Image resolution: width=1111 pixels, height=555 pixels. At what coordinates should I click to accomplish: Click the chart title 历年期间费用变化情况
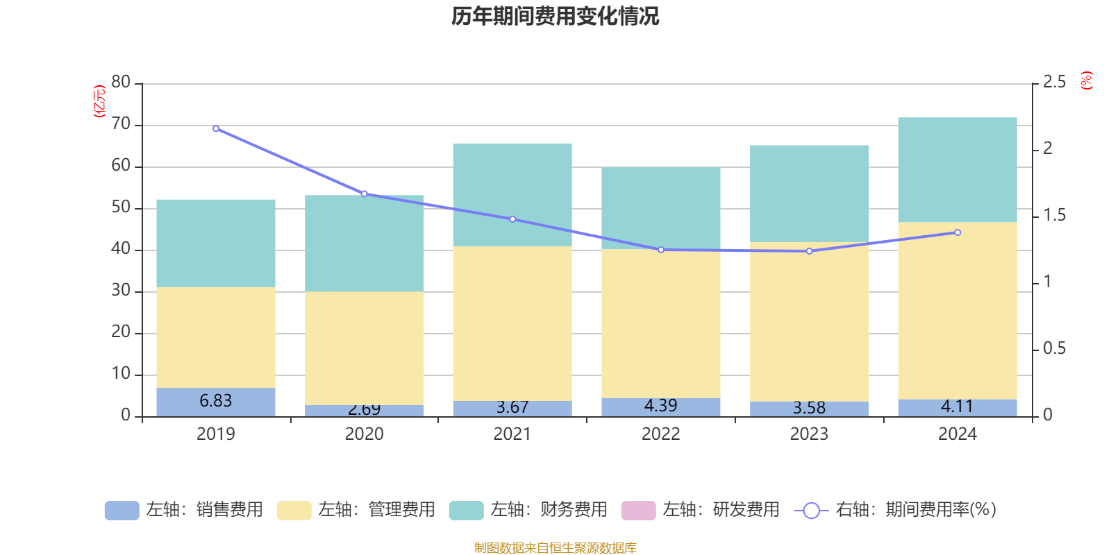pos(555,16)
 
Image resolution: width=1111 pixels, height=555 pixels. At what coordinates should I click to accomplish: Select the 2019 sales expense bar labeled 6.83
pos(215,402)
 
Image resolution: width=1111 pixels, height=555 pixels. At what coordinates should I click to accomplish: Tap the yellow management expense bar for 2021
pos(512,323)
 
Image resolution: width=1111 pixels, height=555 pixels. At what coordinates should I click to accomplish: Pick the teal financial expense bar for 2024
pos(958,170)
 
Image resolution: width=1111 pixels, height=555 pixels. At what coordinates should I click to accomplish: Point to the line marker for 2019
pos(216,128)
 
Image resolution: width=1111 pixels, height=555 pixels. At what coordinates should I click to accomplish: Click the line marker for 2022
pos(661,250)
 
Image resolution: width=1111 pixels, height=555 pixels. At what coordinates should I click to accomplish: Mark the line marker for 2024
pos(958,232)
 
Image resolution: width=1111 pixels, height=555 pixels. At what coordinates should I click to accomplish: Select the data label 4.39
pos(660,406)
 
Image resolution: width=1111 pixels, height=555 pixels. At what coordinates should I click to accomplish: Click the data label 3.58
pos(809,408)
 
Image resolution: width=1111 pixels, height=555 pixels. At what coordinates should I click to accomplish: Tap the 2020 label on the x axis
pos(364,434)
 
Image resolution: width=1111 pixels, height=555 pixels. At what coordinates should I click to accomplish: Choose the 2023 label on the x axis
pos(809,434)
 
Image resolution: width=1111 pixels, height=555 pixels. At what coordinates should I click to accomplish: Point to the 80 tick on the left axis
pos(121,83)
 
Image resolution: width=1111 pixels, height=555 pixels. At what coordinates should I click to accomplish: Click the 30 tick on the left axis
pos(121,291)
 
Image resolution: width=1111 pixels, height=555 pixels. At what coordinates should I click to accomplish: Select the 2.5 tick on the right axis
pos(1054,83)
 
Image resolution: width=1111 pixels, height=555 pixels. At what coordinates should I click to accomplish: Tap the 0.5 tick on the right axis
pos(1054,348)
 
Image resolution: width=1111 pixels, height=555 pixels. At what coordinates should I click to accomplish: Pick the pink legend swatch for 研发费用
pos(638,511)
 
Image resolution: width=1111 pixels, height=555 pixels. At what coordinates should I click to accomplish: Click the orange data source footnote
pos(555,548)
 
